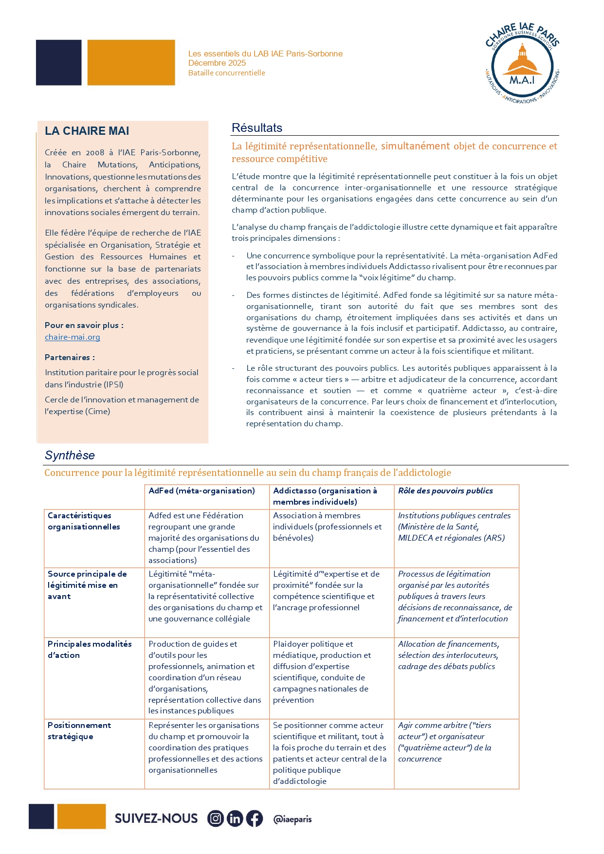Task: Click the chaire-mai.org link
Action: pos(72,337)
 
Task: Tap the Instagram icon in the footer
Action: pos(216,818)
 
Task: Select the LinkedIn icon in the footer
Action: pos(235,818)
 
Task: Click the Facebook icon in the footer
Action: pos(254,818)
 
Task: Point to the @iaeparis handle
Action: pos(292,819)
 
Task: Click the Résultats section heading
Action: pos(257,128)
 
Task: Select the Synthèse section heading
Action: pos(70,455)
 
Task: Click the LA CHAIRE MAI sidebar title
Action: pos(87,131)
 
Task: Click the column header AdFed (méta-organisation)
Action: pos(201,491)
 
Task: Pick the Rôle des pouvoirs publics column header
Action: pos(445,491)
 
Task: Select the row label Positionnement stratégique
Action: pos(79,731)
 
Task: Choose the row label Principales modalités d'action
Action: pos(90,650)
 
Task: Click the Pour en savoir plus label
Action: pos(84,325)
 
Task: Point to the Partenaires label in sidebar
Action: pos(70,357)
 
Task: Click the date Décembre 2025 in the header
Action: pos(217,63)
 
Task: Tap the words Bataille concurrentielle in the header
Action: pos(227,73)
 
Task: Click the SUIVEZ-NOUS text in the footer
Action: pos(156,818)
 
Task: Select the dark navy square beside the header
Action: pos(58,63)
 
